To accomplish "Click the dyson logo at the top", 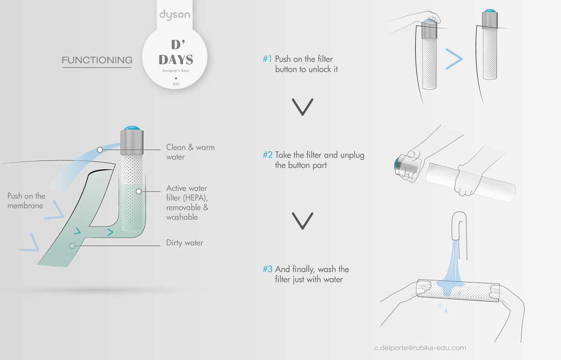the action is (x=175, y=15).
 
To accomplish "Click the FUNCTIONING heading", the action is (x=97, y=60).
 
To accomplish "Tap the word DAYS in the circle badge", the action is (x=176, y=60).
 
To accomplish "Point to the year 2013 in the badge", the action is (x=176, y=84).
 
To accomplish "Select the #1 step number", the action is (x=267, y=59).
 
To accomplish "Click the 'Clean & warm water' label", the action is (x=190, y=152).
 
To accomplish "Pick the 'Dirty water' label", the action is (x=185, y=243).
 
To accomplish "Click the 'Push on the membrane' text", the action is (x=26, y=201).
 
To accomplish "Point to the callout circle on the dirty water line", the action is (x=72, y=246).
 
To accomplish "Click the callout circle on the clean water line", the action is (x=100, y=150).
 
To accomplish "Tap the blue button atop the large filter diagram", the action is (x=132, y=128).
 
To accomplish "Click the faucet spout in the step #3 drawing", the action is (x=460, y=225).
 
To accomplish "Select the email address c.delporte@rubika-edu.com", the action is (x=420, y=348).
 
